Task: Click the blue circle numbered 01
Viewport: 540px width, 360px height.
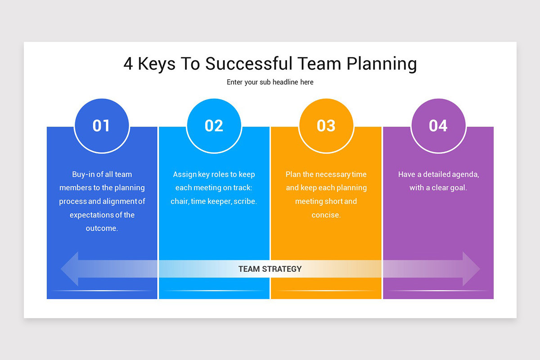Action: click(x=102, y=126)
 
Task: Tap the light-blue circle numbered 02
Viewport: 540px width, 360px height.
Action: click(x=214, y=126)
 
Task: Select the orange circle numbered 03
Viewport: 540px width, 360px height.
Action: click(x=326, y=126)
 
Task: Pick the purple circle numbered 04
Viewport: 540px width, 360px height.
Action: click(x=438, y=126)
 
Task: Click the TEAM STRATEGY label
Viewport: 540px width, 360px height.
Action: click(x=270, y=269)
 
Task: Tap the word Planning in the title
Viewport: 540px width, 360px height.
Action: click(x=382, y=64)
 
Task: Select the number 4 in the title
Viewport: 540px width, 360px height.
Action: click(x=128, y=64)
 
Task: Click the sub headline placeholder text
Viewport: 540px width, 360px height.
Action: click(x=270, y=82)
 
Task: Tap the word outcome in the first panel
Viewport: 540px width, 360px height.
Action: click(x=101, y=228)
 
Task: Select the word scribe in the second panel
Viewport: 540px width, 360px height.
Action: click(x=245, y=202)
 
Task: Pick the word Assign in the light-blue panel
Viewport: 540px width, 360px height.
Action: click(x=184, y=175)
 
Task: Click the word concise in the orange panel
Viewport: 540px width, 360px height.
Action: click(x=326, y=215)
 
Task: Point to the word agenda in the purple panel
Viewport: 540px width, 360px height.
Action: click(x=466, y=175)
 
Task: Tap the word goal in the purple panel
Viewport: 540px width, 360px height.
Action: click(x=458, y=188)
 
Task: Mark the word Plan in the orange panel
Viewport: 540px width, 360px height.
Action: click(x=293, y=175)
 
